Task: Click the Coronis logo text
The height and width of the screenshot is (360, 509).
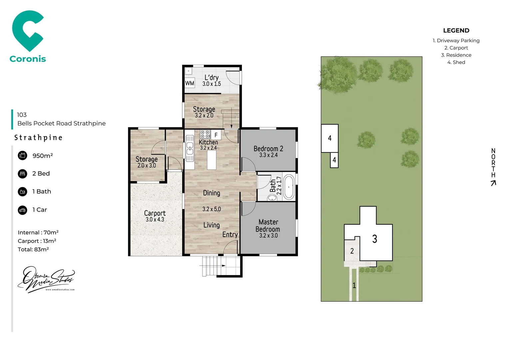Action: click(28, 59)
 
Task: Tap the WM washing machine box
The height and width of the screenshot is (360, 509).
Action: click(190, 83)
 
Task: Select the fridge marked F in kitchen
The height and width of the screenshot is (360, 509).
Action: click(216, 135)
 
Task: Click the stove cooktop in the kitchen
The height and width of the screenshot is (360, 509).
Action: click(205, 134)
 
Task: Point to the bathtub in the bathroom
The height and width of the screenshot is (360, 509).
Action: click(288, 187)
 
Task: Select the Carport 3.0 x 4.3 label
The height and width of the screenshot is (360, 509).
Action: click(155, 216)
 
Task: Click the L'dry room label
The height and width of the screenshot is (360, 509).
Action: click(212, 81)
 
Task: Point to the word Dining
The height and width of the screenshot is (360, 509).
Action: click(212, 193)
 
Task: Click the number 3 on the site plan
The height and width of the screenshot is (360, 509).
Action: click(375, 239)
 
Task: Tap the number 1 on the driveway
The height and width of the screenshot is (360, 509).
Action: click(354, 285)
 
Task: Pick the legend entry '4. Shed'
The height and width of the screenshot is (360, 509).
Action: click(456, 62)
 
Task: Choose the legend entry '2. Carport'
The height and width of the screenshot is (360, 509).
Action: click(456, 48)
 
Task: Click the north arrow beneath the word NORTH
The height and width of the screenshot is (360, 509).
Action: click(493, 183)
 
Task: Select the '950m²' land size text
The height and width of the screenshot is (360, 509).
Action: click(43, 156)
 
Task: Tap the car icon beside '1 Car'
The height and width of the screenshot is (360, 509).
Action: click(23, 210)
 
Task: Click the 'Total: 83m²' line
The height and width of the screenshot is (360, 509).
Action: click(33, 249)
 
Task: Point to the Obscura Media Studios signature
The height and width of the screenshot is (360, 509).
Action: click(46, 279)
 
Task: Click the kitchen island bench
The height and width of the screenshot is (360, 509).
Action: click(212, 160)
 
